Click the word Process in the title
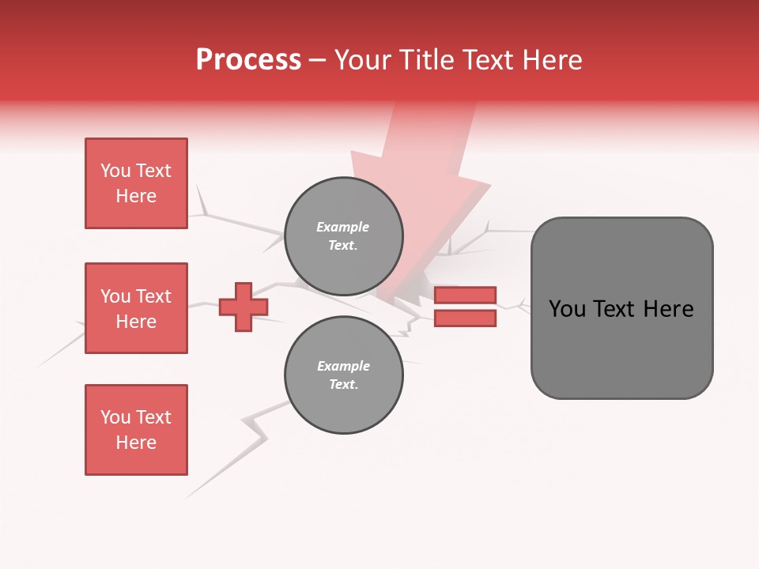(x=248, y=60)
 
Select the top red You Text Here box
(x=136, y=183)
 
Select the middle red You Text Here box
(x=136, y=308)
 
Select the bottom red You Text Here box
(x=136, y=430)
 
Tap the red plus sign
(x=244, y=307)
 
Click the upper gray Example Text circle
(x=343, y=236)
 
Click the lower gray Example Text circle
(x=343, y=375)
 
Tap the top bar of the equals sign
(x=465, y=296)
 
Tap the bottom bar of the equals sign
(x=465, y=318)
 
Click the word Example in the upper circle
(x=342, y=227)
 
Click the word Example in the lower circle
(x=343, y=366)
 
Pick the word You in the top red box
(x=115, y=171)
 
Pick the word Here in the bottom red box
(x=136, y=443)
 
